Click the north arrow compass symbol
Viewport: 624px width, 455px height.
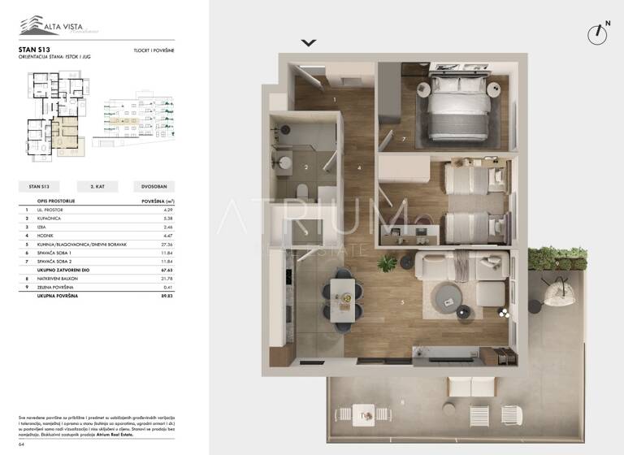point(597,33)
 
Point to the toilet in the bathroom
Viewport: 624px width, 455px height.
point(301,192)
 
